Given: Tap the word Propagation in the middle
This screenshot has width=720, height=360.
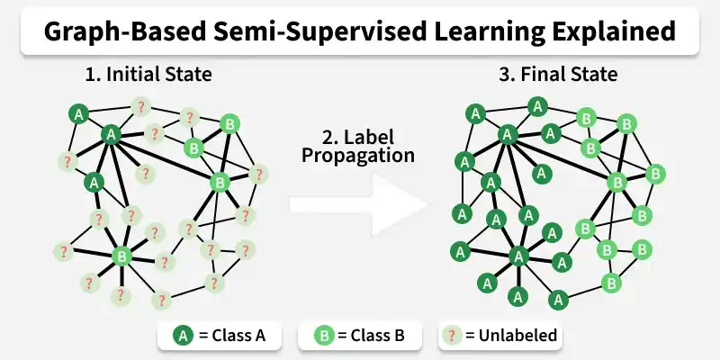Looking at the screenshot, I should point(358,156).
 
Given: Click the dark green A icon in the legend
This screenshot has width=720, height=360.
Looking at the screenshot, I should point(183,337).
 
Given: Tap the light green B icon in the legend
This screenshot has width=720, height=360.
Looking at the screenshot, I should point(324,337).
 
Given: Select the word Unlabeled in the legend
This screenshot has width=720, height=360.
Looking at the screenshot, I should point(518,337).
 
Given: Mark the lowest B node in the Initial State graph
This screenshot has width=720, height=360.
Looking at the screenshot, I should point(122,256).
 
